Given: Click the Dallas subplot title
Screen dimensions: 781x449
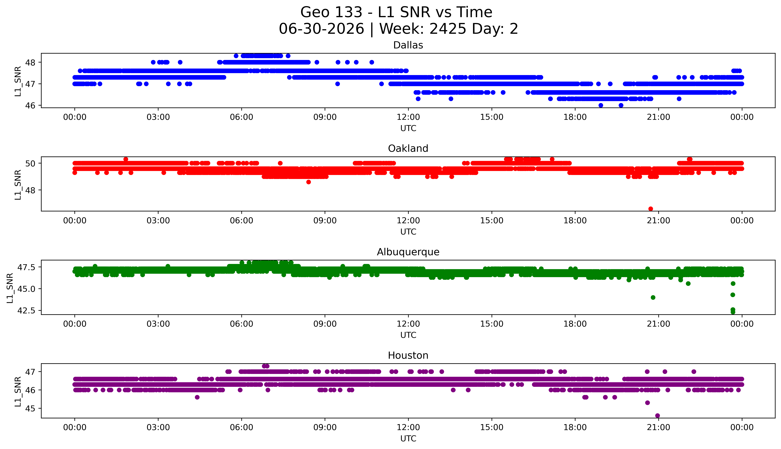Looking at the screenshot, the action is coord(408,45).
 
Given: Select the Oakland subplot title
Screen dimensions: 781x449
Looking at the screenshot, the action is coord(408,149).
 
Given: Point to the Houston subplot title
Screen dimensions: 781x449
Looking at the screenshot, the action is coord(408,356).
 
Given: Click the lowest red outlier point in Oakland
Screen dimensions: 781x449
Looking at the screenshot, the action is coord(651,209).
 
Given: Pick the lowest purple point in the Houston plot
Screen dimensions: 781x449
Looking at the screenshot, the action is coord(657,415).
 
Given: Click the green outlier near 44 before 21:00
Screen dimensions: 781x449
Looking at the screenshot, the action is coord(653,297).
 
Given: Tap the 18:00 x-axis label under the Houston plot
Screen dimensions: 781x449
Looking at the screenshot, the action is coord(575,427).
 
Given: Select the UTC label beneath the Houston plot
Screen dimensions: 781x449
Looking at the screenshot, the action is coord(408,438).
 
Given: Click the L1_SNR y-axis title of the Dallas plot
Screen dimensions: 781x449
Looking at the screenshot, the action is coord(18,81).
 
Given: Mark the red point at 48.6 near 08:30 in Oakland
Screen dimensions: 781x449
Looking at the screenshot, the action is coord(309,182).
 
